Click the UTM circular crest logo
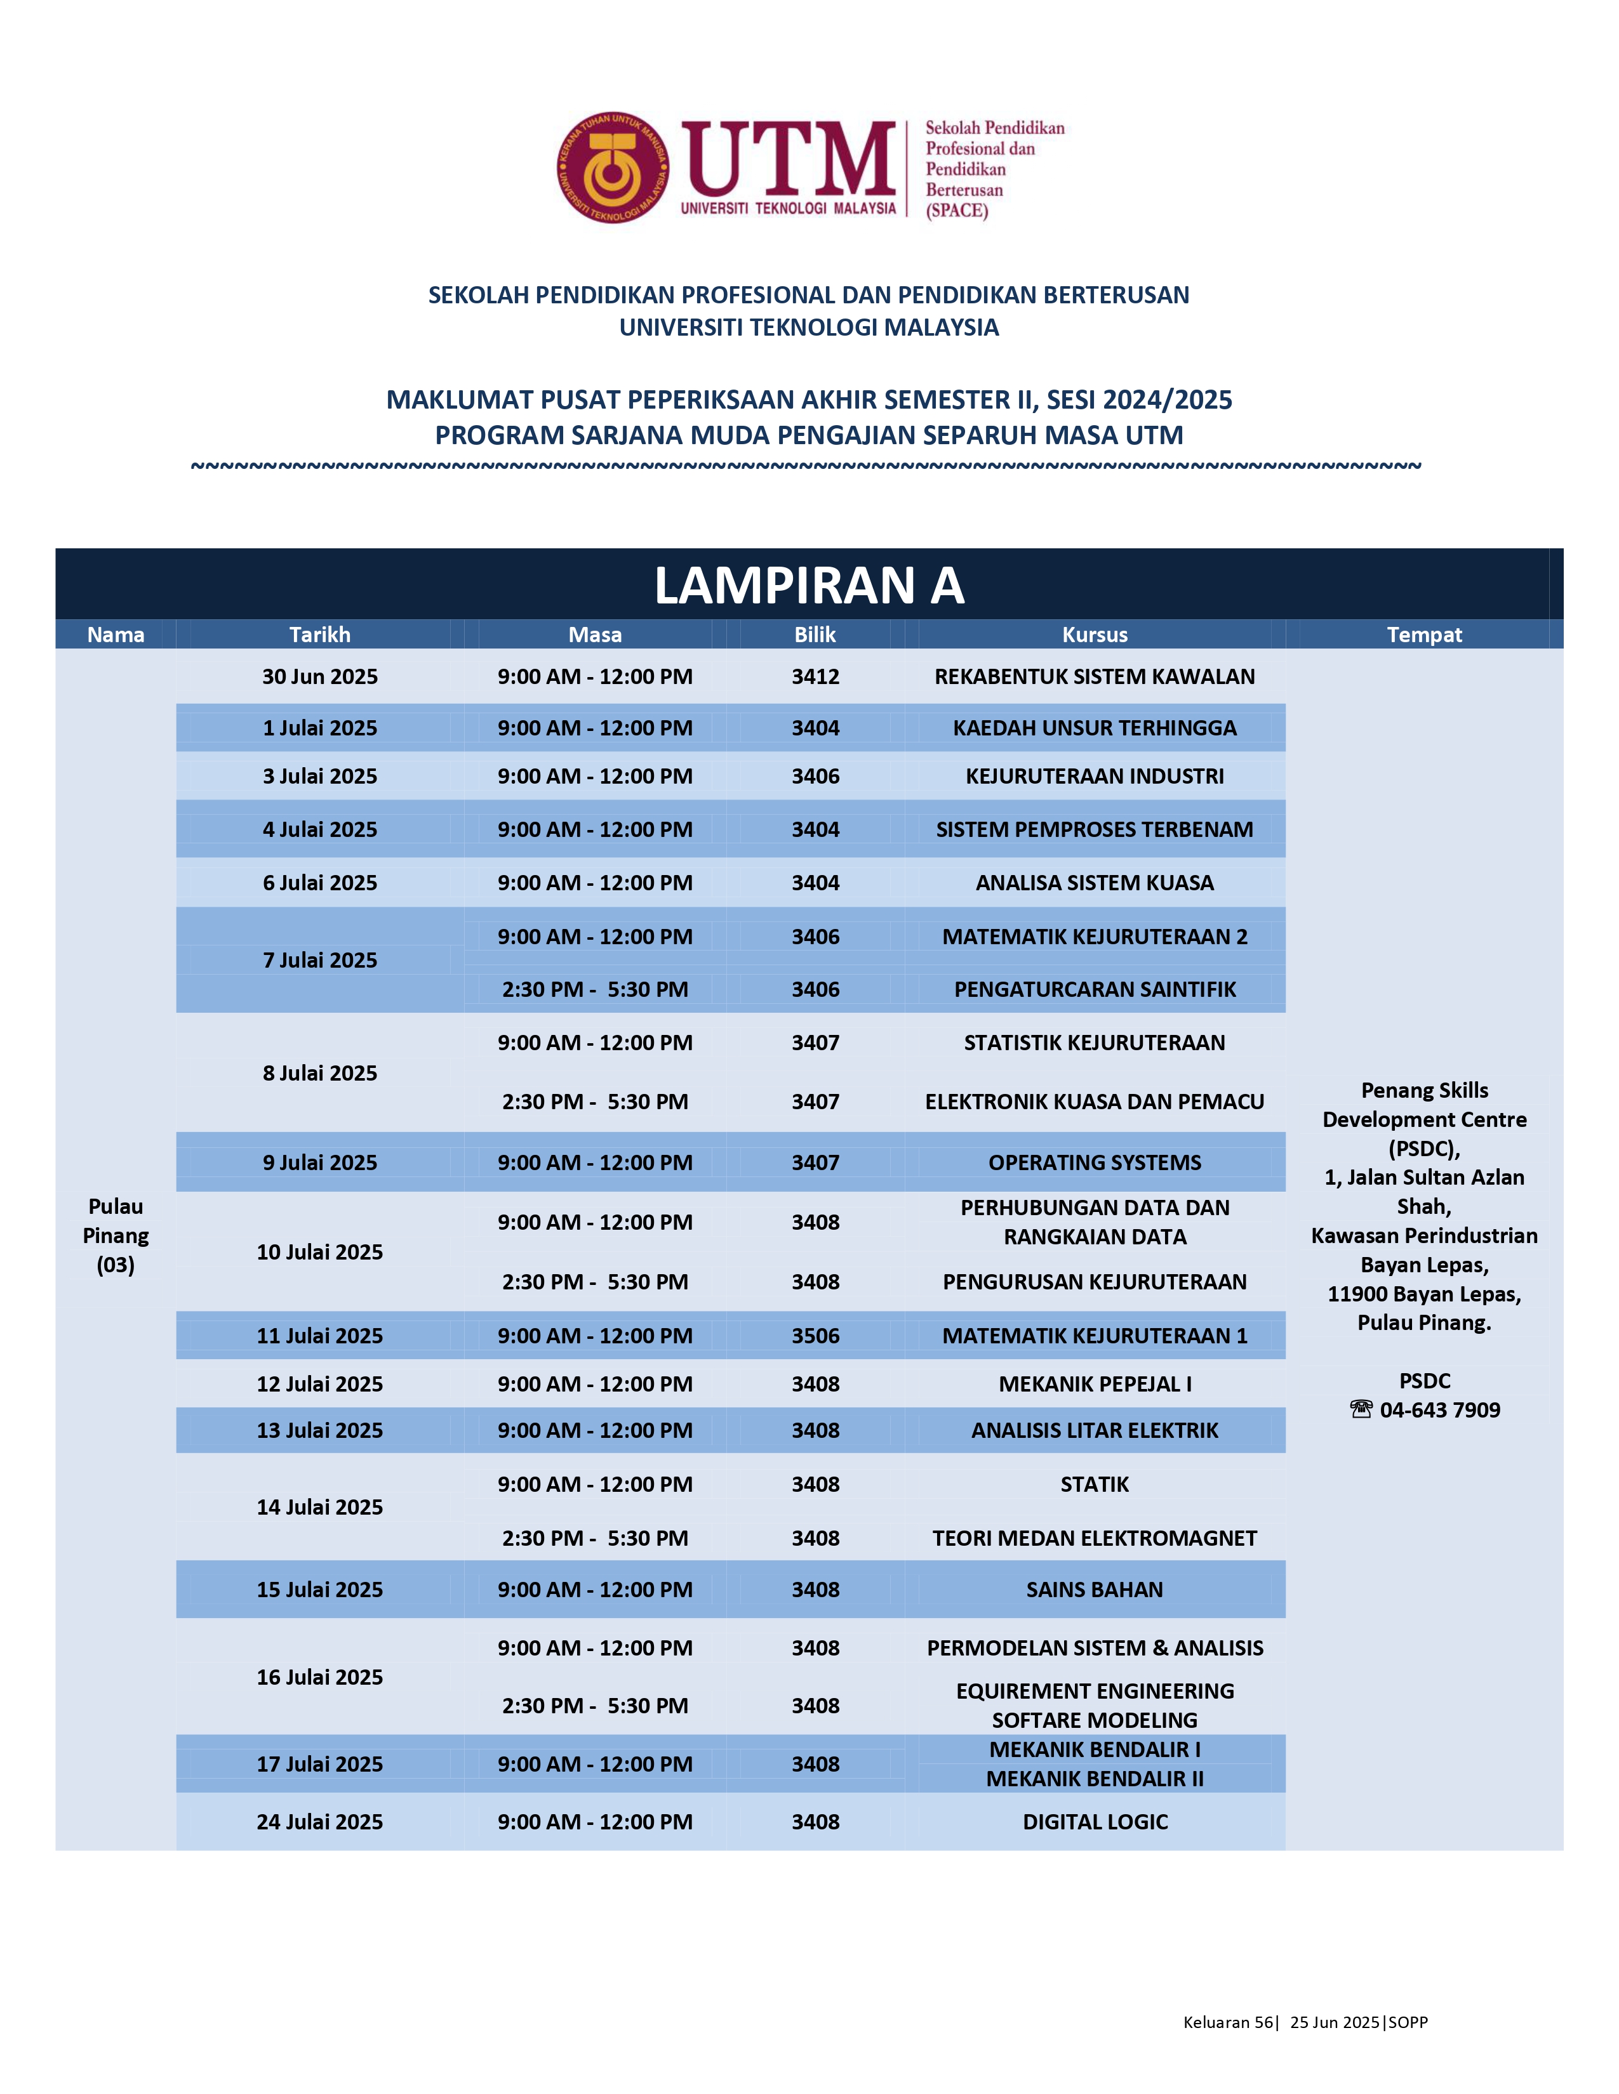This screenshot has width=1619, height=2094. pos(613,168)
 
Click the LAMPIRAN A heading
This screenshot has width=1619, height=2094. pos(808,585)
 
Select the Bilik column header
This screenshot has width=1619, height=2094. pos(815,635)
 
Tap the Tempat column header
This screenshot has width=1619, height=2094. pos(1423,635)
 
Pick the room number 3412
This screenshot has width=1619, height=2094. pos(815,677)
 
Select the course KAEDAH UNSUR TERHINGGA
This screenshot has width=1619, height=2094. pos(1095,728)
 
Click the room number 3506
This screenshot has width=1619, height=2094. pos(815,1336)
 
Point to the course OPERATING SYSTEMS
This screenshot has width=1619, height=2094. pos(1095,1162)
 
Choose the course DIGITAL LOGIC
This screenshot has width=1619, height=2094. pos(1095,1822)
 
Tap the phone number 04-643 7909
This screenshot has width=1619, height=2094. pos(1439,1409)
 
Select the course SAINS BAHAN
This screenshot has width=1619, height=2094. pos(1095,1589)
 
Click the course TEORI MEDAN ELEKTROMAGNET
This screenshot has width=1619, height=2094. pos(1095,1538)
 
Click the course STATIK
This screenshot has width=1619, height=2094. pos(1095,1484)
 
